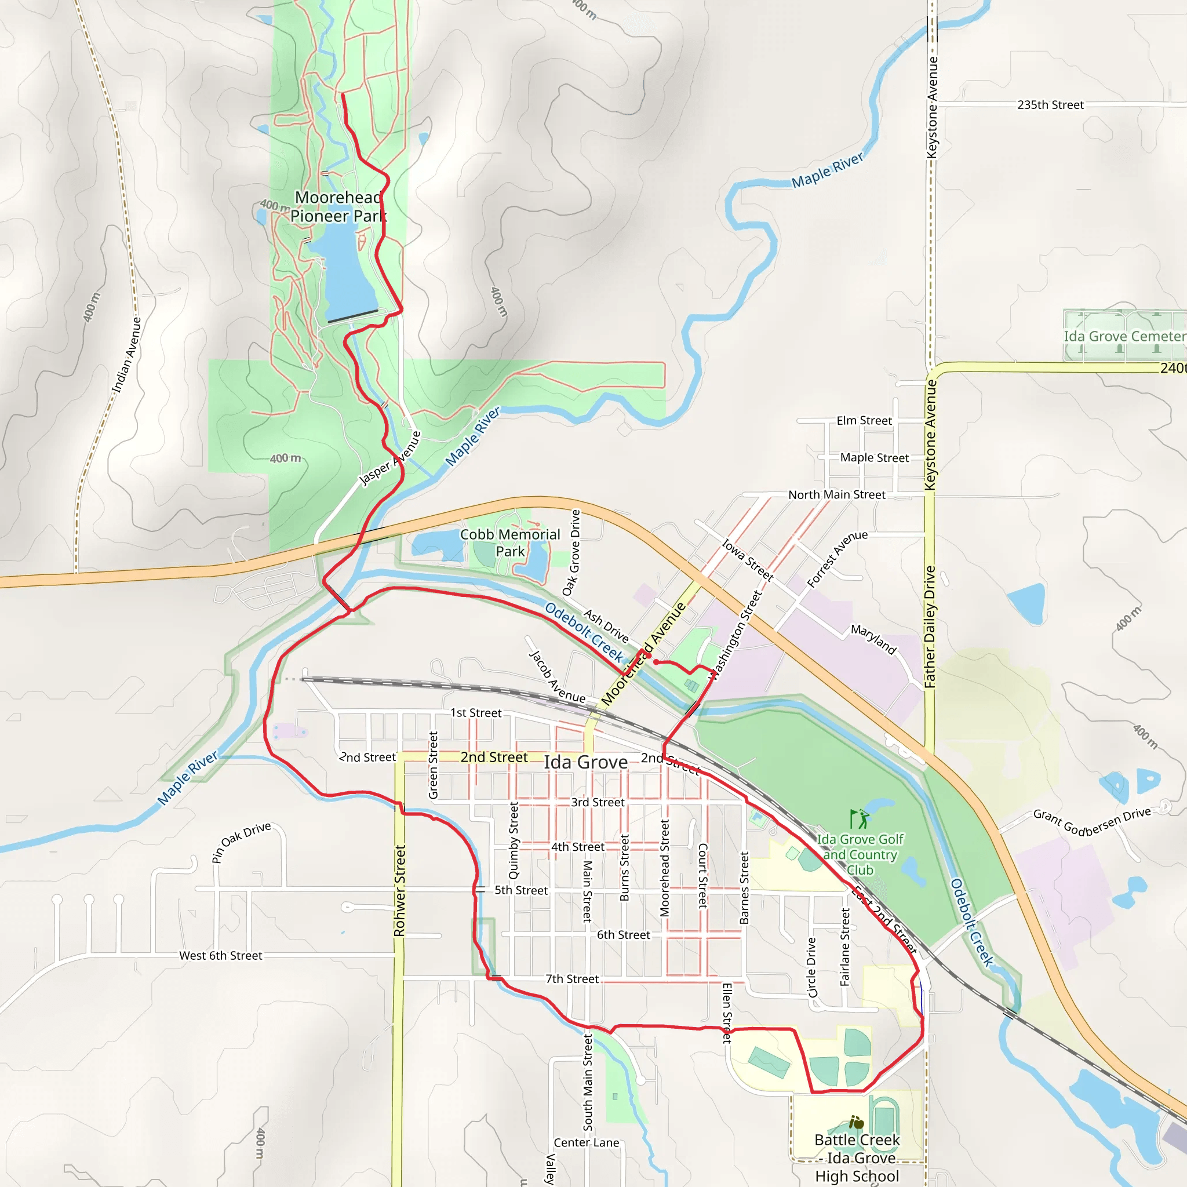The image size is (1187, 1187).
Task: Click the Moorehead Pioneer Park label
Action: pos(338,206)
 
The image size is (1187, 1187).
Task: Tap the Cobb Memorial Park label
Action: pos(510,542)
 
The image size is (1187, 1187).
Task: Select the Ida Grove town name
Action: pos(585,763)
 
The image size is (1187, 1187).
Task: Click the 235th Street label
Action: pos(1050,105)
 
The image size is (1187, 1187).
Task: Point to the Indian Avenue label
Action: pos(126,355)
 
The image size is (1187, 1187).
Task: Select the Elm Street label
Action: pos(864,421)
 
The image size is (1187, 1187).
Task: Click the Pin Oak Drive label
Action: pos(241,842)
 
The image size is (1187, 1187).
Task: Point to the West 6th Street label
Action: pos(221,955)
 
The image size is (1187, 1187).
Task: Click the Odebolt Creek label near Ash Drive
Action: pos(584,632)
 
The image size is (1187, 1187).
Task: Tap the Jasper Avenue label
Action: pos(391,458)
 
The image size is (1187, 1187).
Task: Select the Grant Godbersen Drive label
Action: pos(1092,822)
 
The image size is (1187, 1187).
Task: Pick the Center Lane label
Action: pos(586,1142)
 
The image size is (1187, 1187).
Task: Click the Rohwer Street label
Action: pos(400,890)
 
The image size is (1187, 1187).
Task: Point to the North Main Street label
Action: pos(837,494)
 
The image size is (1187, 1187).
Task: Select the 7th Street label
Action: pos(572,979)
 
